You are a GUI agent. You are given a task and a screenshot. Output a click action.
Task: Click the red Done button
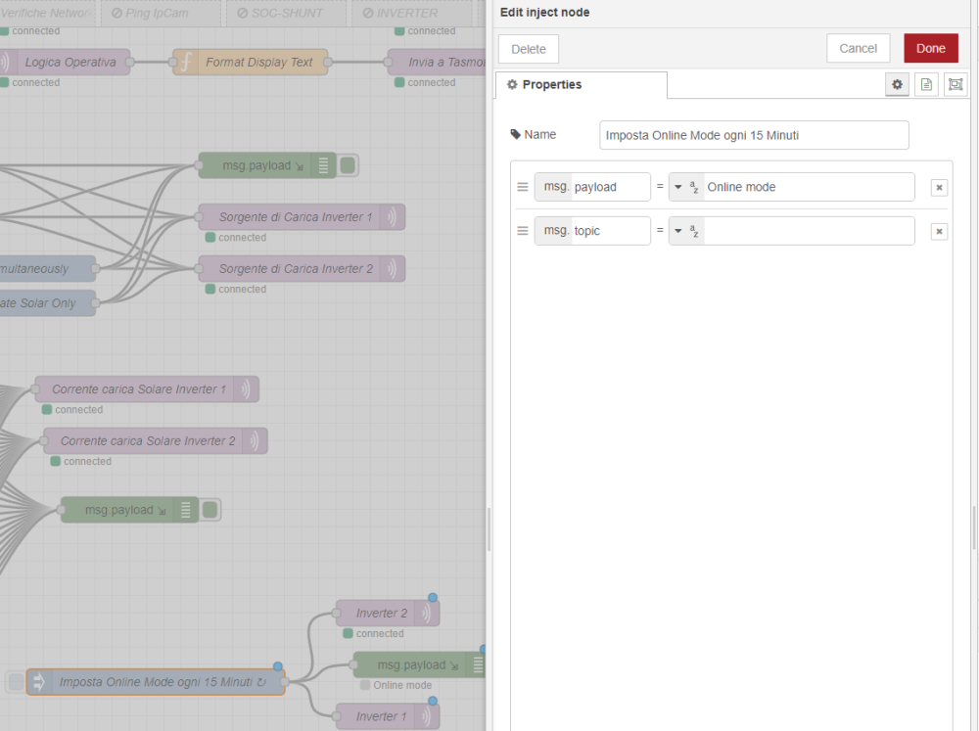click(x=930, y=49)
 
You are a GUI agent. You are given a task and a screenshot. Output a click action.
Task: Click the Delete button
click(x=529, y=49)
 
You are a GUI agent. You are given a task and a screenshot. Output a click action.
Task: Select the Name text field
click(x=754, y=135)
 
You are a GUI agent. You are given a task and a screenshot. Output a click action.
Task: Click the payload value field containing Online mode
click(x=808, y=187)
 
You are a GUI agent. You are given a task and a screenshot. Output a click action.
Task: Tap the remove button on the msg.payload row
click(x=939, y=188)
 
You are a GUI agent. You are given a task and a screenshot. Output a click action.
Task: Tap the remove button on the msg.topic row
click(x=939, y=232)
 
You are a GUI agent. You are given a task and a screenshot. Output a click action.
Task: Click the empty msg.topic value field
click(x=808, y=231)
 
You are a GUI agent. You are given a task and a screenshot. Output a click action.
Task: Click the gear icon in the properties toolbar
click(x=897, y=85)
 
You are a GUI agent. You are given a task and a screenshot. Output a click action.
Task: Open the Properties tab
click(x=582, y=85)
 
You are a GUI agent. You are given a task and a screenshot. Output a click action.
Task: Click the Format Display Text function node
click(x=251, y=62)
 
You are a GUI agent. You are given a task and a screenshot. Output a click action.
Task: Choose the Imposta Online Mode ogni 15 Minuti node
click(x=156, y=682)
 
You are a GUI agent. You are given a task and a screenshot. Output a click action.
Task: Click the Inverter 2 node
click(x=382, y=614)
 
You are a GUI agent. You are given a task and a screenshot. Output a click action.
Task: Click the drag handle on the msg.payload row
click(x=523, y=187)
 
